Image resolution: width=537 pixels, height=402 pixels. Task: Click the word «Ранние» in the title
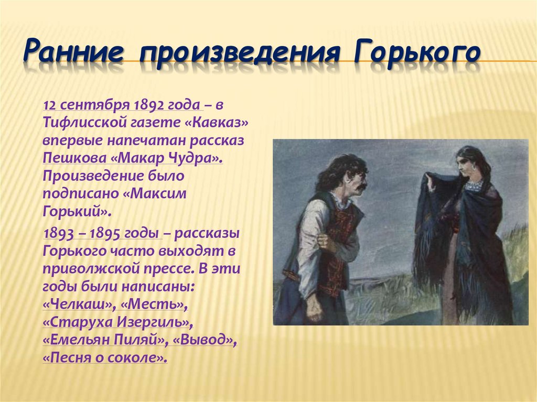coord(73,51)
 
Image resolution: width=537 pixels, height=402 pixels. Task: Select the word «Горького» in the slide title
coord(417,52)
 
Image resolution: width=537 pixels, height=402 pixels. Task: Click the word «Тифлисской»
coord(84,123)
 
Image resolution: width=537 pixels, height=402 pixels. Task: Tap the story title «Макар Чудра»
coord(167,158)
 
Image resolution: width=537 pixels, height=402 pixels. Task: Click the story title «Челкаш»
coord(78,303)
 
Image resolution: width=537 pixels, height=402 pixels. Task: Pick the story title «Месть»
coord(154,303)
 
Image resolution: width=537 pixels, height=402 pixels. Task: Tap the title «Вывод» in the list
coord(205,340)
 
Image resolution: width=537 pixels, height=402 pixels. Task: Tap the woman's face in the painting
coord(466,167)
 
